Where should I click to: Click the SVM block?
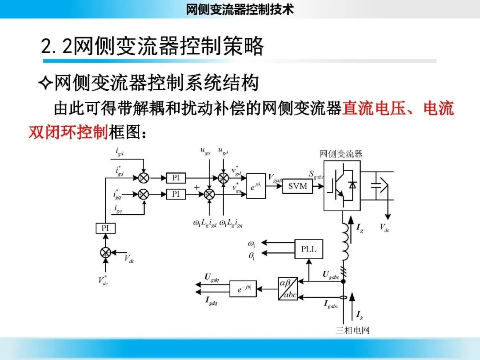click(x=297, y=186)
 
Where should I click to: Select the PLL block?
click(x=308, y=249)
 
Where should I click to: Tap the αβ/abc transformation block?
click(x=288, y=289)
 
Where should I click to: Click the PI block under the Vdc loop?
click(x=105, y=228)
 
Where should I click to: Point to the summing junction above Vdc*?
click(x=105, y=252)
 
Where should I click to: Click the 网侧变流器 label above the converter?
click(x=341, y=154)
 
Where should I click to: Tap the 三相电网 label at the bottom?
click(x=352, y=330)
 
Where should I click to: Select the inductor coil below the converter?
click(x=345, y=242)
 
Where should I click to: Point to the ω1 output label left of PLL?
click(x=252, y=244)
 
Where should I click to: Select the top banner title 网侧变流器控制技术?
click(x=240, y=9)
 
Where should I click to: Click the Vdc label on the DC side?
click(x=384, y=228)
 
